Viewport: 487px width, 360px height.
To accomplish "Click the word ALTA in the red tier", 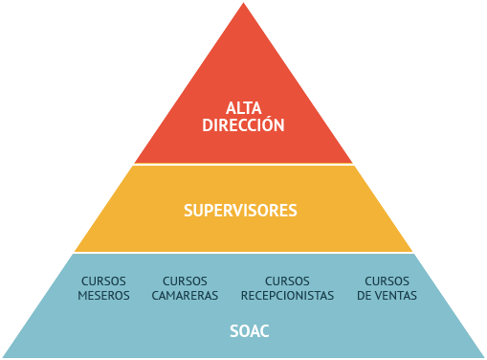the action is (x=243, y=107).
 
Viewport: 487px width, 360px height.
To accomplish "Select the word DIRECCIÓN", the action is (x=243, y=124).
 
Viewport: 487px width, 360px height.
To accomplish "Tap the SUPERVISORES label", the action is (x=240, y=210).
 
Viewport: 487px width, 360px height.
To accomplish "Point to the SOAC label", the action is (x=250, y=332).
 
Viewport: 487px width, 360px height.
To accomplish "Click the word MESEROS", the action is (x=103, y=296).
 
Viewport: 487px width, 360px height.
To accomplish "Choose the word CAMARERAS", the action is (x=185, y=296).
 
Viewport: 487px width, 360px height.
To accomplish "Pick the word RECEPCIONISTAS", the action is (x=287, y=296).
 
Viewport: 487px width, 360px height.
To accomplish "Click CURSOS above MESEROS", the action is (x=103, y=281).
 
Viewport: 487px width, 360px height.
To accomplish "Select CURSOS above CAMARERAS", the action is (x=185, y=281).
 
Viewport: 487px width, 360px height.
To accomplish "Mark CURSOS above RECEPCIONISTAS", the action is (x=287, y=281).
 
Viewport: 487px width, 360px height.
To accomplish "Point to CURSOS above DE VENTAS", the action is (x=387, y=281).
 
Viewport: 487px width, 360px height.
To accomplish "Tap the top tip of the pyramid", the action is (x=242, y=4).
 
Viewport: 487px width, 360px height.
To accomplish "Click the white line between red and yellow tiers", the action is (x=243, y=164).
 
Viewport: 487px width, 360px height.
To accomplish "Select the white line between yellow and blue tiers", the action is (x=243, y=253).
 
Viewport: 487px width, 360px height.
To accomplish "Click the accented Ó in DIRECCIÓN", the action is (x=269, y=124).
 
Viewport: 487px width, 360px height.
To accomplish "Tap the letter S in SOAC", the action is (x=234, y=332).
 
